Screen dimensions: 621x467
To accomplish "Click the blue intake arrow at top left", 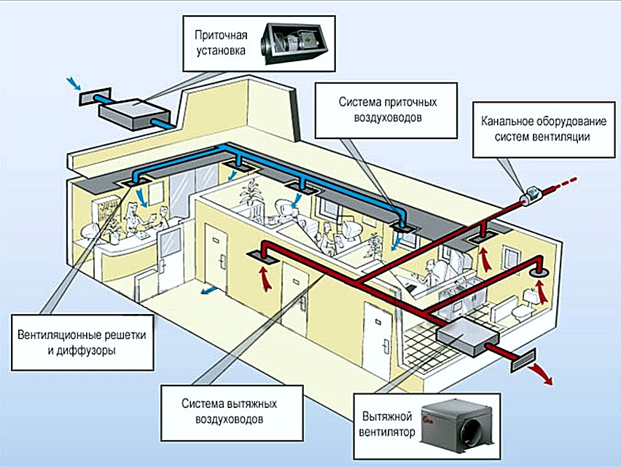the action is point(72,82).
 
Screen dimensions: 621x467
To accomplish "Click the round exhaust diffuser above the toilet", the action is point(540,270).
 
